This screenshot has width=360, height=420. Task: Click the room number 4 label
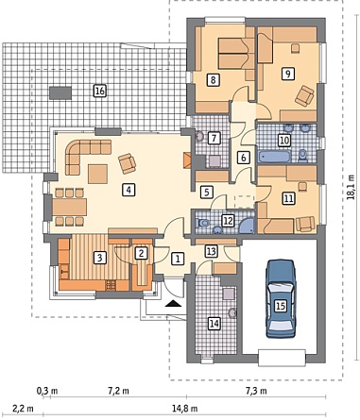pos(129,190)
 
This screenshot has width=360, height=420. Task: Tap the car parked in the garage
pos(281,298)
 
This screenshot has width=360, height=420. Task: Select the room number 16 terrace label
pos(99,92)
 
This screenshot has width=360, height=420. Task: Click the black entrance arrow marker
pos(173,303)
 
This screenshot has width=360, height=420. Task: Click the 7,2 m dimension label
pos(118,391)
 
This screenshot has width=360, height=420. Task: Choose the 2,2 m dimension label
pos(23,409)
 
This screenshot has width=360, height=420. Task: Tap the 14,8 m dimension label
pos(185,409)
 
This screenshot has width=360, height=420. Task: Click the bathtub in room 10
pos(274,157)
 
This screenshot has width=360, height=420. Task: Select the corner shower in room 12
pos(247,226)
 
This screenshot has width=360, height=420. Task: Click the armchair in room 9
pos(304,95)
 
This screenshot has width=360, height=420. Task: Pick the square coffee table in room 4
pos(98,174)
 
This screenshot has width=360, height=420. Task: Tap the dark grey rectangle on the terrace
pos(60,93)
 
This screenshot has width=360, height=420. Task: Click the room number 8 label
pos(213,80)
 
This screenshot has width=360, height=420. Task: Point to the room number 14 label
pos(214,323)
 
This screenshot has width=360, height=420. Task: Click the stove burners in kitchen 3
pos(111,285)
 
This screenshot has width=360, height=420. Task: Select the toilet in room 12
pos(201,223)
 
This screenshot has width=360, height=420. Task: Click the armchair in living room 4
pos(128,163)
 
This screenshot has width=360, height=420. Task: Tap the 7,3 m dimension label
pos(256,391)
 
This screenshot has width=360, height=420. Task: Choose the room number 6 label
pos(243,158)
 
